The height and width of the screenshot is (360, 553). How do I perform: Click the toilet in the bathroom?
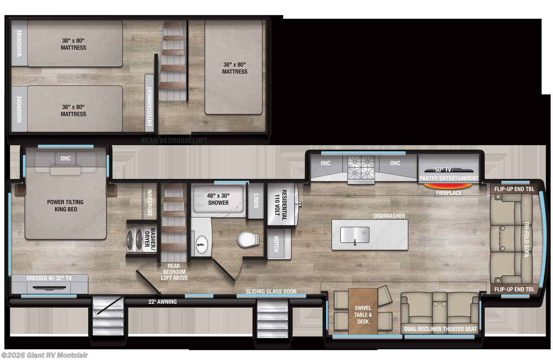(248, 239)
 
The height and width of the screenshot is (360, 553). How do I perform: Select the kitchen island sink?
(355, 235)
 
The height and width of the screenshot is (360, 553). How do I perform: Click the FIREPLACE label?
(449, 193)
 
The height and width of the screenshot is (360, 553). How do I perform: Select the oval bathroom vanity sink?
(201, 245)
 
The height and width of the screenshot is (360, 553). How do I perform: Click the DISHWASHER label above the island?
(389, 216)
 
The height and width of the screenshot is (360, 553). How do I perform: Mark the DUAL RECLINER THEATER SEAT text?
(441, 329)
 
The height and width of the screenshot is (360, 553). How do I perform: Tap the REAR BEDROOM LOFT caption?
(174, 141)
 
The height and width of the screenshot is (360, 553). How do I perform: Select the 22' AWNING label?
(163, 302)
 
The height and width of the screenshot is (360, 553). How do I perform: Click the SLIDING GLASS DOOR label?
(271, 292)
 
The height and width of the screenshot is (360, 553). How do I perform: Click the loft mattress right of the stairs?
(234, 68)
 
